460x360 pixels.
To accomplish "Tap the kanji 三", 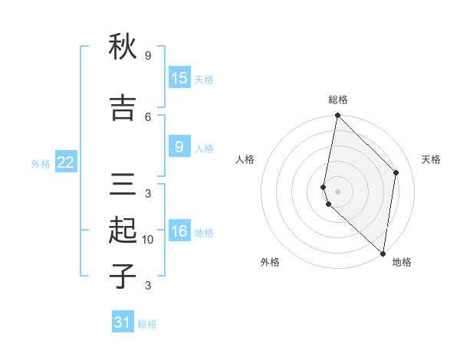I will click(x=122, y=185).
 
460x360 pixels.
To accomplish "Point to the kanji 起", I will click(x=122, y=231).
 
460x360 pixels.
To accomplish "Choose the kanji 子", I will click(x=122, y=276).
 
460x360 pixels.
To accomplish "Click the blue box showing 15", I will click(x=179, y=78).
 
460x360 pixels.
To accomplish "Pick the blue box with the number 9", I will click(x=179, y=147).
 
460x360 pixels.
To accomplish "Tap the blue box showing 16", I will click(x=179, y=231).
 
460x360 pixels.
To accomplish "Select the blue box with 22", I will click(x=66, y=162).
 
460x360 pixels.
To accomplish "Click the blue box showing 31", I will click(x=123, y=322).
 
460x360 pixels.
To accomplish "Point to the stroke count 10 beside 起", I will click(x=148, y=240).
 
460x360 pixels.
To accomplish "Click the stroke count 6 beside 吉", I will click(x=148, y=116).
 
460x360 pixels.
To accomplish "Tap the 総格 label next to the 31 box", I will click(x=147, y=324).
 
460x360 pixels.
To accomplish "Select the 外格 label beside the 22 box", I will click(x=41, y=163).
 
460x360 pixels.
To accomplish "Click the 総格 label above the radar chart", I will click(x=338, y=100).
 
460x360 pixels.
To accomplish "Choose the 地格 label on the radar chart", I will click(x=402, y=262).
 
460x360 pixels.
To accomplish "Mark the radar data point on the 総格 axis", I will click(x=337, y=116).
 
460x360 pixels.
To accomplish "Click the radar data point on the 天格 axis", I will click(x=396, y=172).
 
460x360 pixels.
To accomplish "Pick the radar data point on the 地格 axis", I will click(x=383, y=254).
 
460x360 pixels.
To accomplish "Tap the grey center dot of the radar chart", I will click(x=337, y=191).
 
